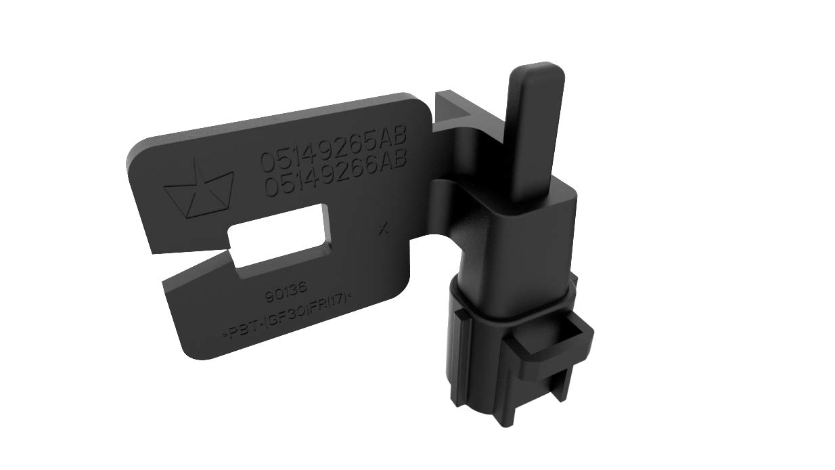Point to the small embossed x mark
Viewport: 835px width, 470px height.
click(x=384, y=229)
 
